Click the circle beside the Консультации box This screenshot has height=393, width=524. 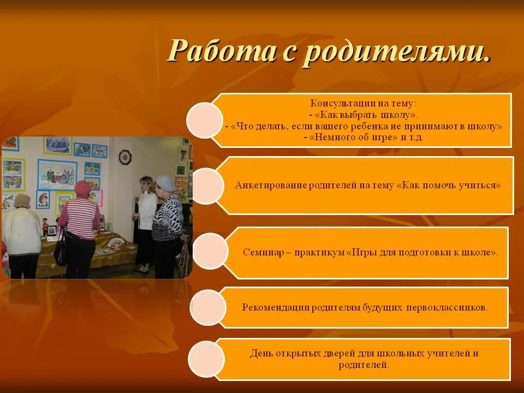pyautogui.click(x=205, y=121)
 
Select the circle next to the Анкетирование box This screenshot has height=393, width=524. pyautogui.click(x=206, y=186)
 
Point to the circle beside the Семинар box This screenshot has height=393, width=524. pyautogui.click(x=210, y=251)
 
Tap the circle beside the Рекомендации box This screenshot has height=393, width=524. pyautogui.click(x=208, y=307)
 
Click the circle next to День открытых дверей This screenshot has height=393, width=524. pyautogui.click(x=206, y=359)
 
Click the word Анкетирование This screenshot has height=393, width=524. pyautogui.click(x=268, y=185)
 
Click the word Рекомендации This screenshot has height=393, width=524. pyautogui.click(x=276, y=307)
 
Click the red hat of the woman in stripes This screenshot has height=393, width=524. pyautogui.click(x=82, y=187)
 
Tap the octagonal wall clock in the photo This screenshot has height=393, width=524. pyautogui.click(x=126, y=157)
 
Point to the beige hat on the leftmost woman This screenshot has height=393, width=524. pyautogui.click(x=22, y=200)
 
